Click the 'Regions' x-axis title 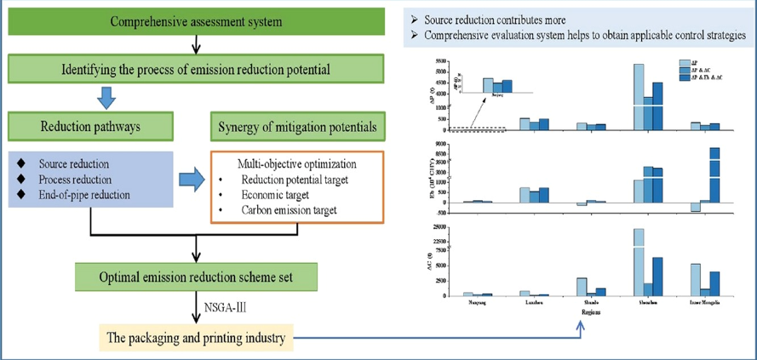[583, 311]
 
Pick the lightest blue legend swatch [685, 62]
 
